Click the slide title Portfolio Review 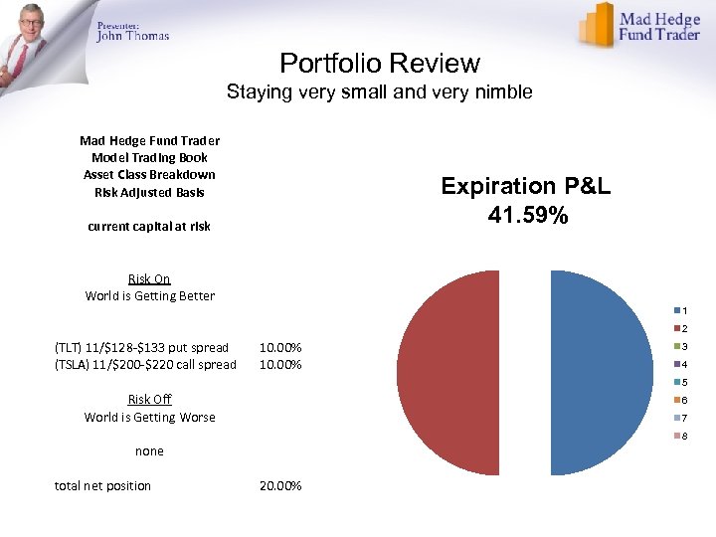tap(380, 64)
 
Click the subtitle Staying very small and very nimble tap(379, 92)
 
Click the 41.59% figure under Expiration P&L tap(528, 214)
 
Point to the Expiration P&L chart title tap(528, 186)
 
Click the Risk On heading tap(149, 278)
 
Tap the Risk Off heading tap(149, 399)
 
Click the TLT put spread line tap(141, 347)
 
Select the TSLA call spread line tap(145, 364)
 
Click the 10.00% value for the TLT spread tap(280, 347)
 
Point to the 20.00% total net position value tap(280, 485)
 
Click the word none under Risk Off tap(149, 450)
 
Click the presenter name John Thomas tap(133, 36)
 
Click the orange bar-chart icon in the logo tap(598, 24)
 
